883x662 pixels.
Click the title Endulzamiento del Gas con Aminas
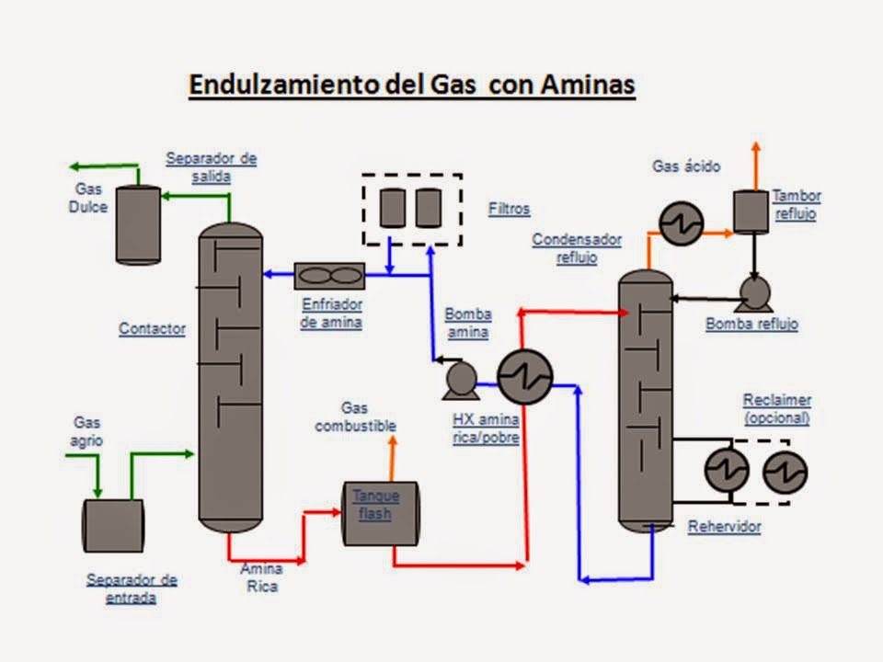coord(411,86)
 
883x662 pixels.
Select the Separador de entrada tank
coord(113,525)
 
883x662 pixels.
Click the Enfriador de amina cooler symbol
coord(329,276)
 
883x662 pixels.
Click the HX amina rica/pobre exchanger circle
coord(524,377)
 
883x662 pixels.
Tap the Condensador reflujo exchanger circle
coord(681,223)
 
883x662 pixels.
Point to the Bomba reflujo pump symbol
coord(755,294)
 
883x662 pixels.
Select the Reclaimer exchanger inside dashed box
coord(785,472)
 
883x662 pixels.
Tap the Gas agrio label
coord(87,431)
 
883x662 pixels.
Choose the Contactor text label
coord(152,328)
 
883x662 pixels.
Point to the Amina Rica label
coord(261,577)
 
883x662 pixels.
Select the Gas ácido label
coord(686,166)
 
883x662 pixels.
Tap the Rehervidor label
coord(724,527)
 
